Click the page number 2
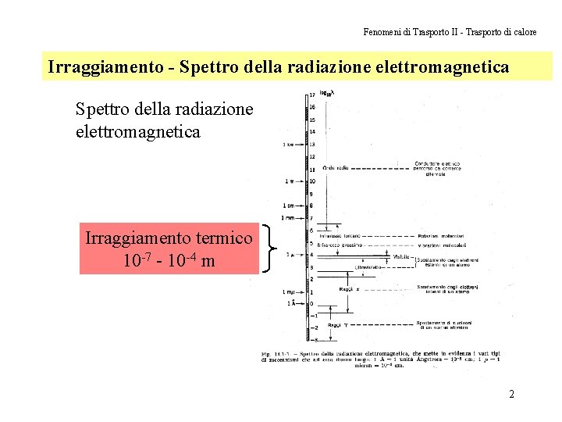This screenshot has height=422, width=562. point(511,394)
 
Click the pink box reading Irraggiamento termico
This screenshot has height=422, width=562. point(169,249)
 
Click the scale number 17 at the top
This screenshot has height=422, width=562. point(312,95)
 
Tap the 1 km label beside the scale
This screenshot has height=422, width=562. point(290,145)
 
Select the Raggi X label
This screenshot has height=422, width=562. point(348,288)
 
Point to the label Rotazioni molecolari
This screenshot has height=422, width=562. point(440,235)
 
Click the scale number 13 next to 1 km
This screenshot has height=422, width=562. point(312,145)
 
